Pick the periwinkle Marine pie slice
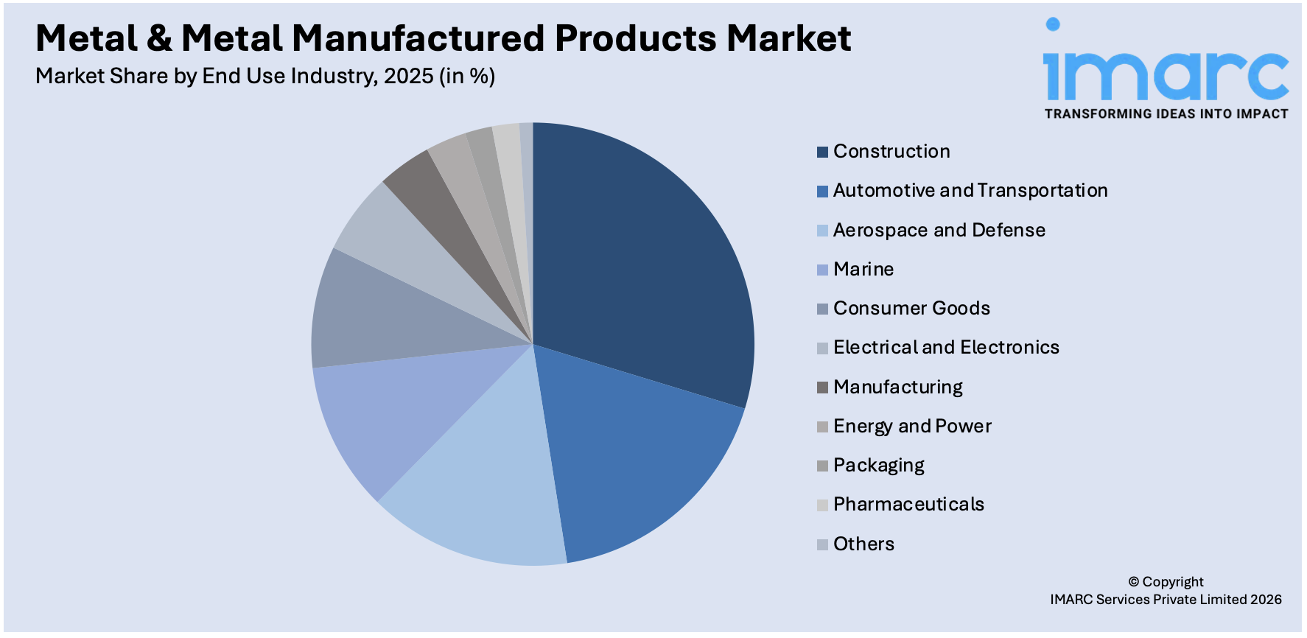[x=390, y=413]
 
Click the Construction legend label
[x=891, y=152]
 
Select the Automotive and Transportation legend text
[x=970, y=191]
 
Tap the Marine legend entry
[x=863, y=270]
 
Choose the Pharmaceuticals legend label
[x=908, y=505]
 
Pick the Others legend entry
[x=863, y=544]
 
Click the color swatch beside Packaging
[x=822, y=466]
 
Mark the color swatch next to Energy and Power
[x=822, y=427]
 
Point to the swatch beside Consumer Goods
[x=822, y=309]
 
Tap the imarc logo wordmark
[x=1166, y=74]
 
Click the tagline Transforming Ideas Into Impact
[x=1166, y=114]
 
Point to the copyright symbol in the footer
[x=1133, y=582]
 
